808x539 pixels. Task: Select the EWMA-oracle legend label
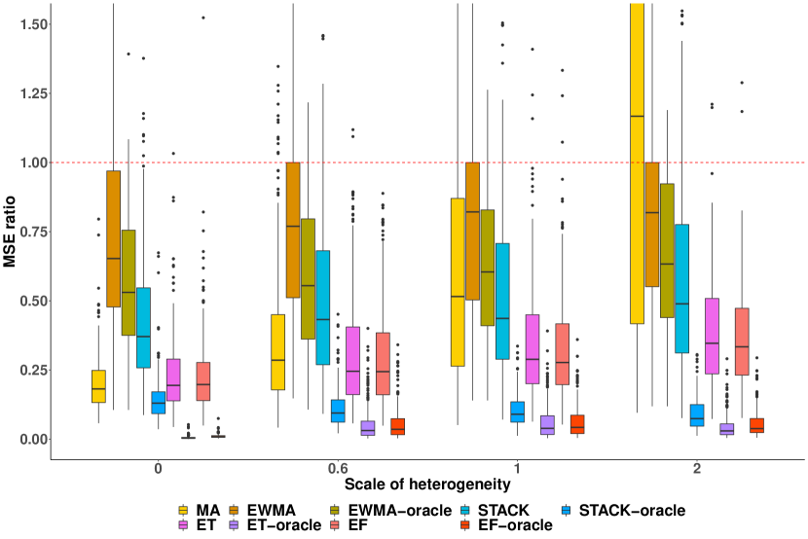point(402,510)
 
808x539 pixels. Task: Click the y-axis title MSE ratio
point(14,232)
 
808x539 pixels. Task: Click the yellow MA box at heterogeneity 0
point(98,386)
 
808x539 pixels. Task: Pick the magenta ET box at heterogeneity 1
point(533,349)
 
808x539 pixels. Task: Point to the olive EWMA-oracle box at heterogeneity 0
point(128,282)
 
